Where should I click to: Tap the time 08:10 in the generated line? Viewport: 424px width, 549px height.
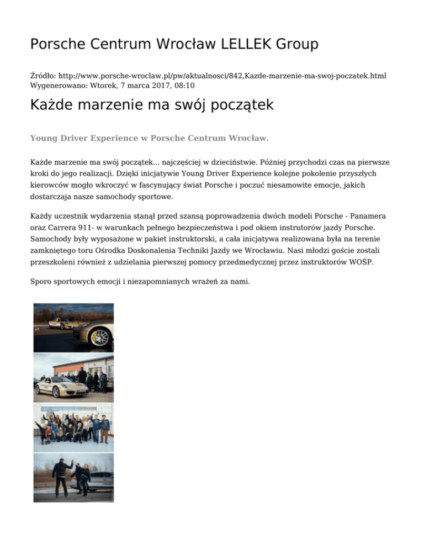pyautogui.click(x=183, y=86)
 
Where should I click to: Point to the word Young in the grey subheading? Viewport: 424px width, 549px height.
pyautogui.click(x=44, y=138)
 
